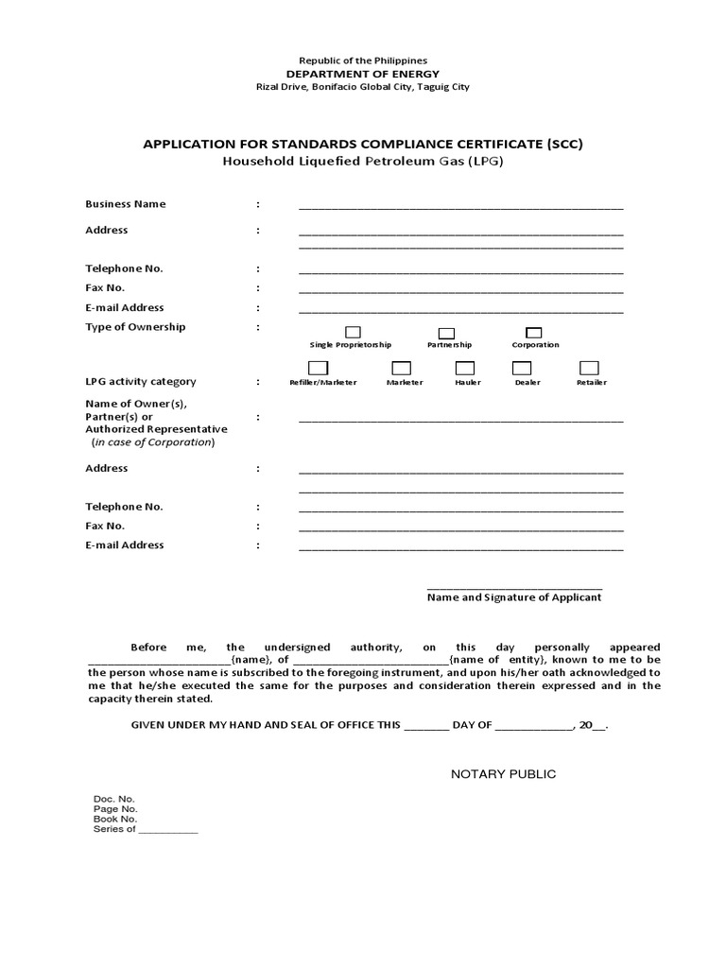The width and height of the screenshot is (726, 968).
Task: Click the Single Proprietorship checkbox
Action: click(353, 332)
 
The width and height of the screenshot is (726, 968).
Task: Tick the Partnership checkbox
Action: click(447, 333)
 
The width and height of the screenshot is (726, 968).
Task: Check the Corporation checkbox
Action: click(533, 332)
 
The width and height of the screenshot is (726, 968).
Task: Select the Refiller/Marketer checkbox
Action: click(319, 368)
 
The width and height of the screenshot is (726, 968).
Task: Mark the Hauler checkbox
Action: click(464, 368)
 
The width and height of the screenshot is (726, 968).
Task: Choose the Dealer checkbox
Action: click(527, 368)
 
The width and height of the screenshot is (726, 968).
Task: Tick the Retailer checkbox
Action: click(589, 368)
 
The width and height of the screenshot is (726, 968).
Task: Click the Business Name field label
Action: click(126, 204)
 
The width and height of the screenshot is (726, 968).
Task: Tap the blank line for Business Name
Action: click(460, 206)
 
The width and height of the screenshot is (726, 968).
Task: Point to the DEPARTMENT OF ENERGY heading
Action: click(363, 74)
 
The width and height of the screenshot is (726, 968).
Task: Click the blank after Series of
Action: click(169, 830)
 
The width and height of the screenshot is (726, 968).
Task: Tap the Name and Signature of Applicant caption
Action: click(514, 597)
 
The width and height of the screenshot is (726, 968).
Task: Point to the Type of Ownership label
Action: click(135, 327)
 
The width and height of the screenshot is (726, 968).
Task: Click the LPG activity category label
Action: click(141, 382)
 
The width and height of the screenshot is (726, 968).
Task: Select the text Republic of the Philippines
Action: click(363, 60)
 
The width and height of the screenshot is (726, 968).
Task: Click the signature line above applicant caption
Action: click(514, 587)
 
